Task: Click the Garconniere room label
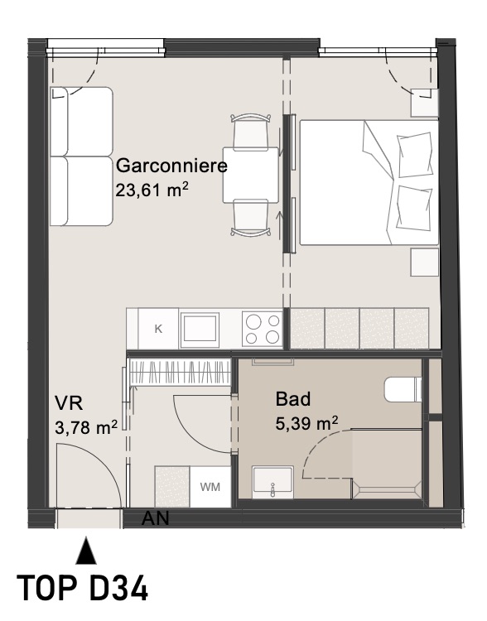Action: [171, 166]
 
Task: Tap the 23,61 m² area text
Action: [152, 190]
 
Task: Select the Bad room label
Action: [293, 399]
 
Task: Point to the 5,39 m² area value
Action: [306, 424]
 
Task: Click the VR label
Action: [69, 403]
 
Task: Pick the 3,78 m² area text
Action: [86, 427]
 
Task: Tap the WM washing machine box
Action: [210, 487]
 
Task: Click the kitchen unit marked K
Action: [158, 329]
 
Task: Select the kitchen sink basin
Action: [200, 329]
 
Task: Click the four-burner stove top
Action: [263, 329]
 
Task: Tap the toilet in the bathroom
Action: [403, 389]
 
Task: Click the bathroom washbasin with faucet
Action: [272, 483]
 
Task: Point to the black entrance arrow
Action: [86, 550]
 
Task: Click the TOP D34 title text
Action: [83, 588]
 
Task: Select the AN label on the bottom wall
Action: [156, 518]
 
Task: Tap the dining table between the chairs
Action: [250, 175]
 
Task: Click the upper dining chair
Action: [251, 131]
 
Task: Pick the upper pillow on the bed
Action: [415, 155]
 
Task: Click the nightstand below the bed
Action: [424, 262]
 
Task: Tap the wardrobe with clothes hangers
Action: [181, 372]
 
